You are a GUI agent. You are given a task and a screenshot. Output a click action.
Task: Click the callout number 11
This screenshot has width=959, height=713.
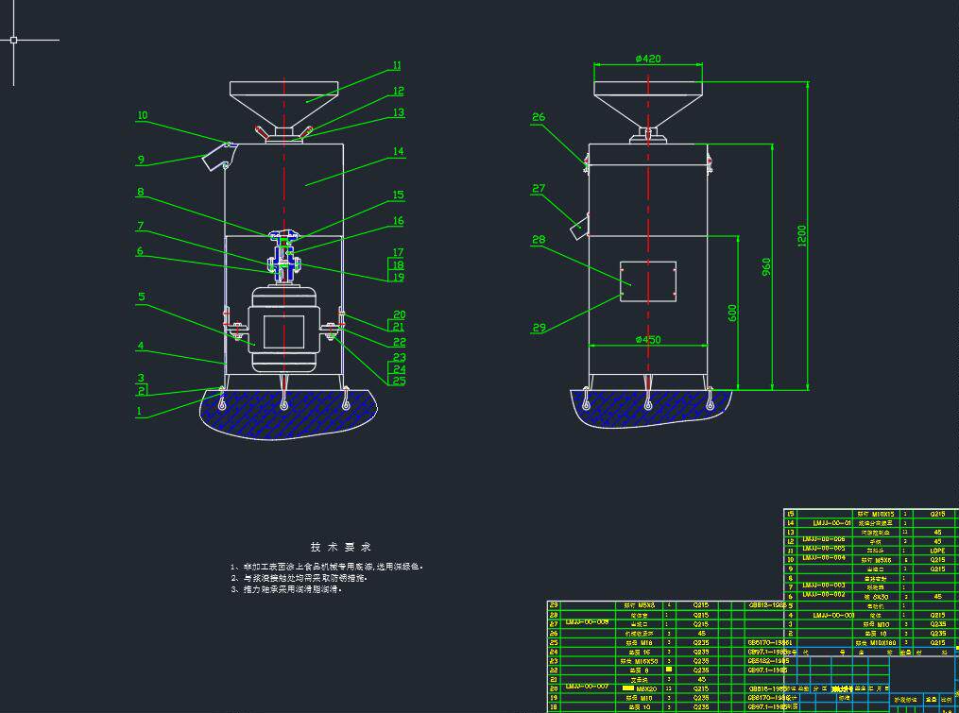[x=397, y=66]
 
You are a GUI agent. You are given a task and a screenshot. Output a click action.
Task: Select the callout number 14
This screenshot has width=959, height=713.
[x=398, y=151]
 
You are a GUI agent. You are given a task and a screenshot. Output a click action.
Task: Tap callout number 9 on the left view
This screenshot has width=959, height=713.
[x=141, y=160]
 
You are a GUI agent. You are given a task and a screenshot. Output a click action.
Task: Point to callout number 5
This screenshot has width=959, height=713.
[x=141, y=297]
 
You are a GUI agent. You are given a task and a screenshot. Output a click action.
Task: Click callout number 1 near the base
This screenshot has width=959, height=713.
[x=139, y=411]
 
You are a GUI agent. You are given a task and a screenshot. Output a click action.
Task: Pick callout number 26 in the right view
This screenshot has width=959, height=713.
[x=539, y=118]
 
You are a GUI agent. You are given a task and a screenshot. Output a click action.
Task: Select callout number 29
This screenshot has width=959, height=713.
[x=539, y=328]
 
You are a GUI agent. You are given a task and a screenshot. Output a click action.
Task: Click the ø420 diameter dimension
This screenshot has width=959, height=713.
[x=648, y=59]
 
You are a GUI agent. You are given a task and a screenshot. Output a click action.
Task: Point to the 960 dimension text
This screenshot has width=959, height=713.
[x=766, y=268]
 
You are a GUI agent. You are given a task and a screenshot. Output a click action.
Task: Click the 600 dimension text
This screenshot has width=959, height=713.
[x=732, y=313]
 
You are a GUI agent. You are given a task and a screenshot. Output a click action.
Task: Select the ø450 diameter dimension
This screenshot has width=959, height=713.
[x=648, y=339]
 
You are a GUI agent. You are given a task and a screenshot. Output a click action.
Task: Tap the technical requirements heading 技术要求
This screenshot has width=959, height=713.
[x=341, y=547]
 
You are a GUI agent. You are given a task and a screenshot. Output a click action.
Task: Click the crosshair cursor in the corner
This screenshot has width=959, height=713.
[x=13, y=40]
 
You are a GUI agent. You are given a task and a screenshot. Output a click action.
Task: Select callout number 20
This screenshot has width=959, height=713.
[x=399, y=314]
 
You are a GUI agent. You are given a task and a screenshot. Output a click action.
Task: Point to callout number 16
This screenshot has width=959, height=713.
[x=398, y=221]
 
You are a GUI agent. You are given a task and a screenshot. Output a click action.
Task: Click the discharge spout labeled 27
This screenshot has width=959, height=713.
[x=578, y=228]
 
